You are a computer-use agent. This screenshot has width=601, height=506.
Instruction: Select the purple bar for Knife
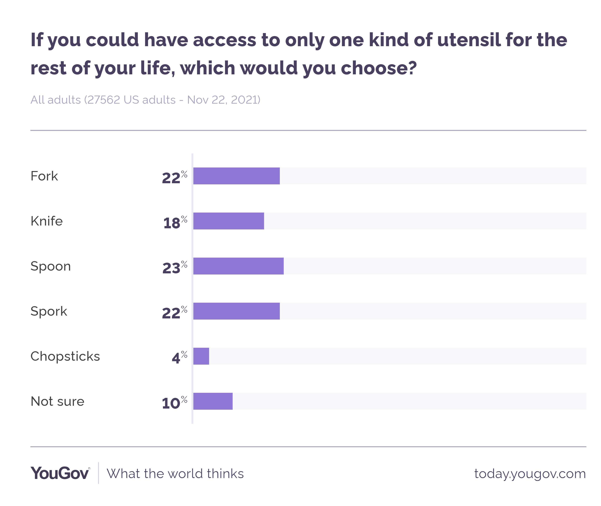tap(228, 221)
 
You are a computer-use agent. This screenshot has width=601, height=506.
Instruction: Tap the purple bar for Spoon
tap(238, 266)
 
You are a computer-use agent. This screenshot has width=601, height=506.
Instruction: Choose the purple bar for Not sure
tap(213, 401)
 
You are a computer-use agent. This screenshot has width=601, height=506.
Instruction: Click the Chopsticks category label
tap(65, 356)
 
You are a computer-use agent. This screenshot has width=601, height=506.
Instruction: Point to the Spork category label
tap(49, 311)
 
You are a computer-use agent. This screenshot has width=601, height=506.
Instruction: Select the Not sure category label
tap(57, 401)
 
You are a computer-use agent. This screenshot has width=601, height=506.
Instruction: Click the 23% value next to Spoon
tap(174, 267)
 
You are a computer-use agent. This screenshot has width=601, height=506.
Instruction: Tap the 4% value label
tap(179, 357)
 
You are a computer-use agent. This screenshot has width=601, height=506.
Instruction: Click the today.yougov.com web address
tap(530, 474)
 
